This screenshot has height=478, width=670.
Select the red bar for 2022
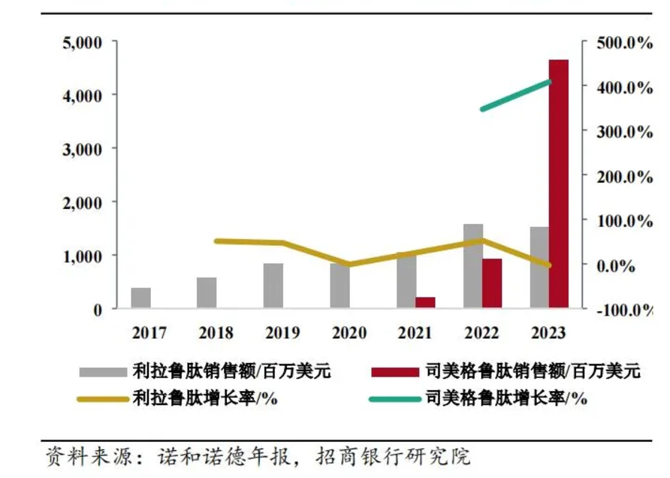point(492,283)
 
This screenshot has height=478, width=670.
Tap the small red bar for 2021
point(426,302)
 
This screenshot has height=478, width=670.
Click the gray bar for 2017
point(141,298)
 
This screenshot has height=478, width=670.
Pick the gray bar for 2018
point(207,292)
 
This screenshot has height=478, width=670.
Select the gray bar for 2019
point(273,286)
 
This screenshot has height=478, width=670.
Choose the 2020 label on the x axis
point(349,332)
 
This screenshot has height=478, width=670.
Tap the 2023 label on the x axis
point(548,332)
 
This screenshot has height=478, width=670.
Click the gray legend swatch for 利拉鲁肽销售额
point(103,371)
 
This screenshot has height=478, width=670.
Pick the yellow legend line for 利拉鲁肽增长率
point(103,398)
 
